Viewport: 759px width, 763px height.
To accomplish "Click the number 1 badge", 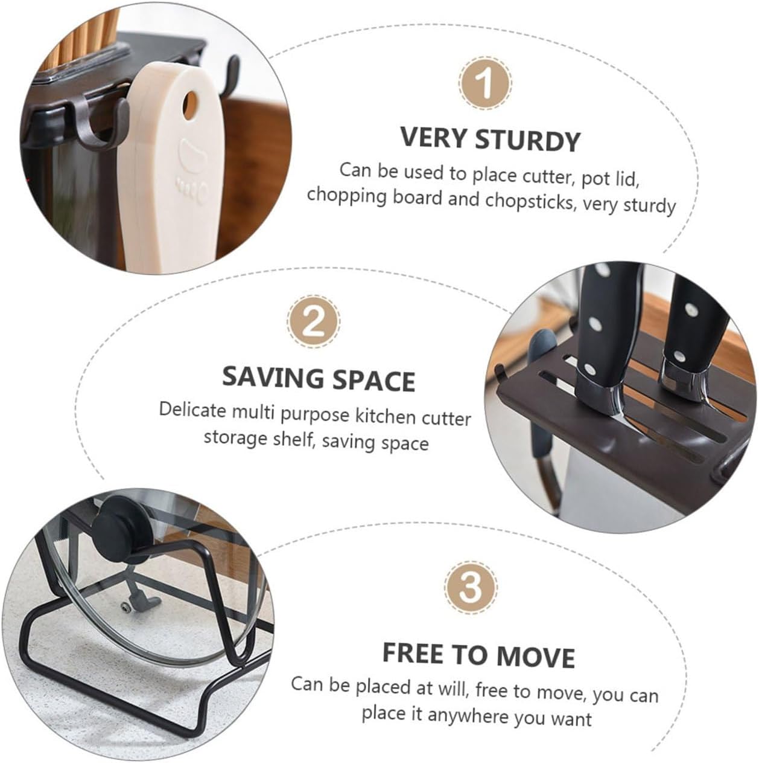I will point(486,84).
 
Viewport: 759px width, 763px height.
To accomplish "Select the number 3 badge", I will point(471,588).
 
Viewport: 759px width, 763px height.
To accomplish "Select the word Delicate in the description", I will point(191,411).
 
